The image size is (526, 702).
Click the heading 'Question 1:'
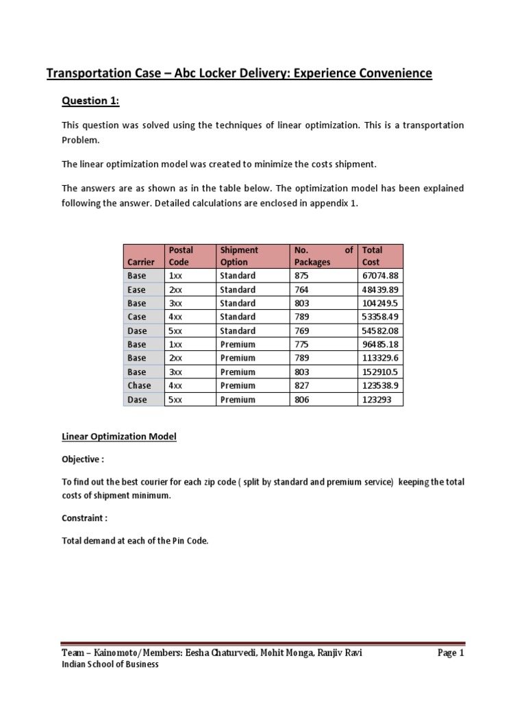point(90,101)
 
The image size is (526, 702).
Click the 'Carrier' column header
point(141,262)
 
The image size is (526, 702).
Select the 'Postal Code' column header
point(181,256)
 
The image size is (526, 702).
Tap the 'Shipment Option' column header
point(239,256)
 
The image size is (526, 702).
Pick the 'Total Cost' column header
point(372,256)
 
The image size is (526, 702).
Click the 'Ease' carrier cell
point(136,289)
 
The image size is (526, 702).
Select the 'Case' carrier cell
point(136,317)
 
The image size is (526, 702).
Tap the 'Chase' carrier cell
point(140,385)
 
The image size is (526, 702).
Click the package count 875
point(302,276)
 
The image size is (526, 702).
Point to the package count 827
point(302,385)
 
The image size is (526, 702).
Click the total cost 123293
point(376,399)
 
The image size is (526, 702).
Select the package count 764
point(302,289)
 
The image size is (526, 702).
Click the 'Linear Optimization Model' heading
point(118,436)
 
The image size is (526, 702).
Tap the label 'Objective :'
point(84,459)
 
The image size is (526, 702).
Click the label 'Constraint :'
point(86,518)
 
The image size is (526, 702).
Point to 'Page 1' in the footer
point(451,653)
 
